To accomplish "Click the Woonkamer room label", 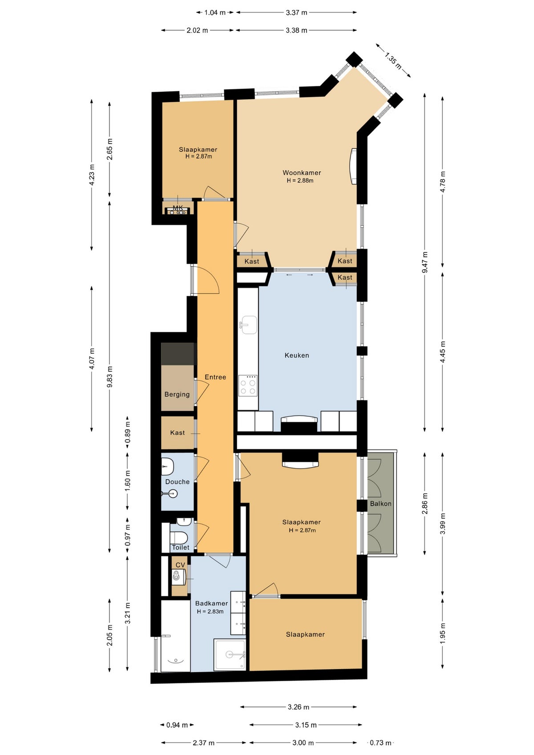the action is tap(302, 173).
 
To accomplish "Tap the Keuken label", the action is tap(297, 355).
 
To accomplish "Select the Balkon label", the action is tap(380, 504).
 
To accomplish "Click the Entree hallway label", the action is tap(215, 377).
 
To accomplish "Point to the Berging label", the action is tap(177, 394).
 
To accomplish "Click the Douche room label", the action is tap(177, 482).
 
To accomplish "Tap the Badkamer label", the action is tap(212, 603).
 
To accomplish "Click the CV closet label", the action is tap(180, 565).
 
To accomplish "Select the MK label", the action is tap(178, 208).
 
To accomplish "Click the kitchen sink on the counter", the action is tap(248, 325).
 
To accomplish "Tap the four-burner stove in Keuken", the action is tap(248, 385).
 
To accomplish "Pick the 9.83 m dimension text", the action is tap(110, 377).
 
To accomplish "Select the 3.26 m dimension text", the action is tap(298, 707).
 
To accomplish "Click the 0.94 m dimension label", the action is tap(177, 725).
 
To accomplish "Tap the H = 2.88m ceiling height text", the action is tap(300, 181).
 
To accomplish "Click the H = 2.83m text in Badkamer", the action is tap(210, 611).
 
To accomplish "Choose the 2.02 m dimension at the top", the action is tap(197, 30).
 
